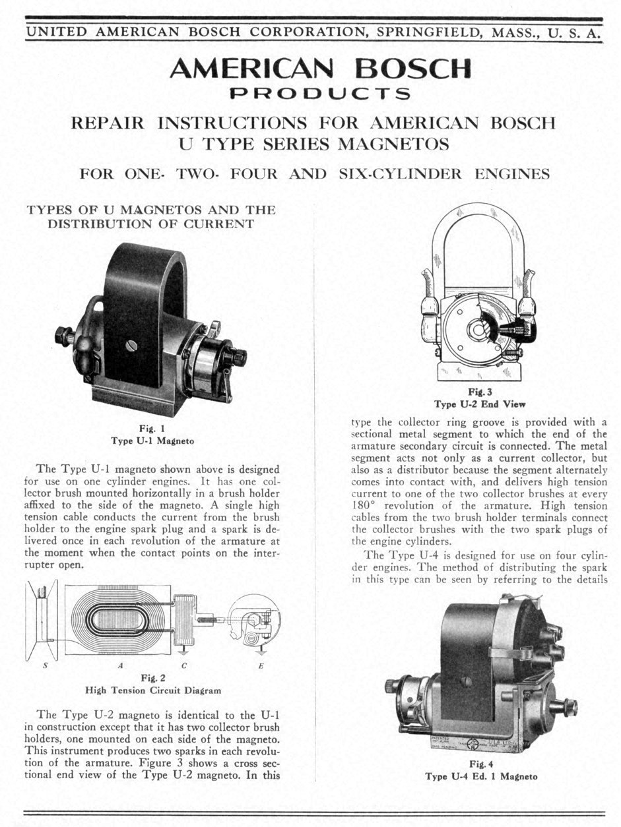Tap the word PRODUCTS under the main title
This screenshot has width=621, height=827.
click(x=320, y=94)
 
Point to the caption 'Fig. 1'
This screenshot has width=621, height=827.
click(x=152, y=429)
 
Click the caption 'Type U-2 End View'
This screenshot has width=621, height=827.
click(x=480, y=404)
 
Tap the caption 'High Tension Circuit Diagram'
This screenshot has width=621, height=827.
click(x=153, y=690)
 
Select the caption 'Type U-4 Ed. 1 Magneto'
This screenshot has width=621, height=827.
click(x=482, y=776)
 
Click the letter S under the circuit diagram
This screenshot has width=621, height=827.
click(x=46, y=665)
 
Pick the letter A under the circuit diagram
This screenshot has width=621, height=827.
click(x=120, y=665)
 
